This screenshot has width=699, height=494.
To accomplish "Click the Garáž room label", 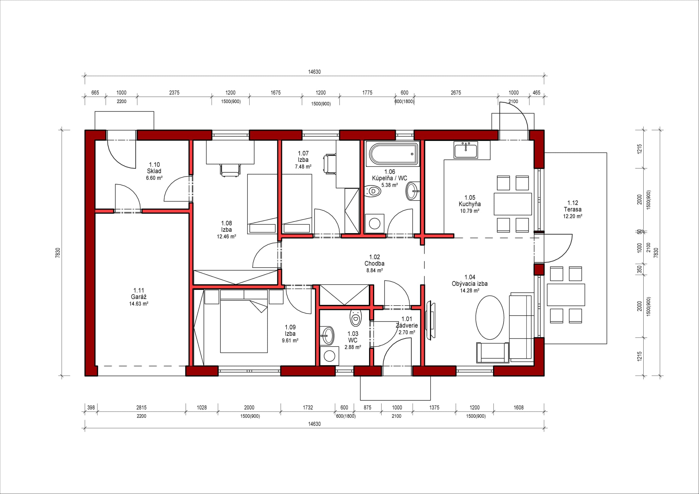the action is (x=139, y=297).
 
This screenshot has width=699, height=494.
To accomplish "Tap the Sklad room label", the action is (x=154, y=171).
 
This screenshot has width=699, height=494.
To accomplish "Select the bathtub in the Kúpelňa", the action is (x=393, y=154).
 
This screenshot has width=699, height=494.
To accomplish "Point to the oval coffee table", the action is (x=489, y=317).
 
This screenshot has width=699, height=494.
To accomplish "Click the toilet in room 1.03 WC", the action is (x=355, y=318).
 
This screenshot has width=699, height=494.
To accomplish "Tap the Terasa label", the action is (x=573, y=209).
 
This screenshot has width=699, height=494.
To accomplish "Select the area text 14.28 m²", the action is (x=470, y=291).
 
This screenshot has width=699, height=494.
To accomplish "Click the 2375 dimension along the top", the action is (x=175, y=92).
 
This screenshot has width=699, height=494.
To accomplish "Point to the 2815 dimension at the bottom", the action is (x=142, y=407).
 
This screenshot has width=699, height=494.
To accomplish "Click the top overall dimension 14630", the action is (x=315, y=72).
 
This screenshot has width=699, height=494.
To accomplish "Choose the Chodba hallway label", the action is (x=374, y=264).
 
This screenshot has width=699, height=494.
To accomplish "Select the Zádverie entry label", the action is (x=407, y=326).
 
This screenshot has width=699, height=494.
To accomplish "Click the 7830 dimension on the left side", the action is (x=58, y=253).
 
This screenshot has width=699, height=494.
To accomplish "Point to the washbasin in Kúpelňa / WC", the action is (x=412, y=191).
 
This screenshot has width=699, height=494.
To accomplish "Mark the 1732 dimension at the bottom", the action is (x=308, y=407).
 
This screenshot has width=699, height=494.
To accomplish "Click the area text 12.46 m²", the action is (x=227, y=236).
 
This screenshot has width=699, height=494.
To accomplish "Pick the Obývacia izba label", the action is (x=470, y=284).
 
